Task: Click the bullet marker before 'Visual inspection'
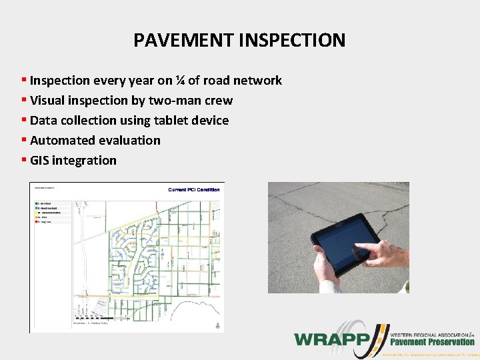[24, 101]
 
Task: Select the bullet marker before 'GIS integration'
[24, 161]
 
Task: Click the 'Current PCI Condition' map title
[193, 190]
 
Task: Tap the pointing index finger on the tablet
[363, 251]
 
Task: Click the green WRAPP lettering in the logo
[331, 339]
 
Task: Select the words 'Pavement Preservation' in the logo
[432, 342]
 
